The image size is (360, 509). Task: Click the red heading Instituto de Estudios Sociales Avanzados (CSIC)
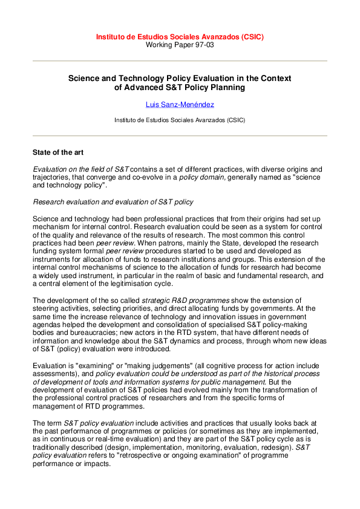pyautogui.click(x=180, y=37)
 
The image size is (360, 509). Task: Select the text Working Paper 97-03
pyautogui.click(x=180, y=45)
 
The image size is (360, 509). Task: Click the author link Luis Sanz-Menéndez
pyautogui.click(x=180, y=105)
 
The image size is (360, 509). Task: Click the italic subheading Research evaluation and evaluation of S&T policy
pyautogui.click(x=113, y=201)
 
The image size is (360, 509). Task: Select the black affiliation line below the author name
pyautogui.click(x=180, y=120)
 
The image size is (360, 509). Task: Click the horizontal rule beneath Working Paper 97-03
pyautogui.click(x=180, y=61)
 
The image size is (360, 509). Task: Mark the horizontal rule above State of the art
pyautogui.click(x=180, y=136)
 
